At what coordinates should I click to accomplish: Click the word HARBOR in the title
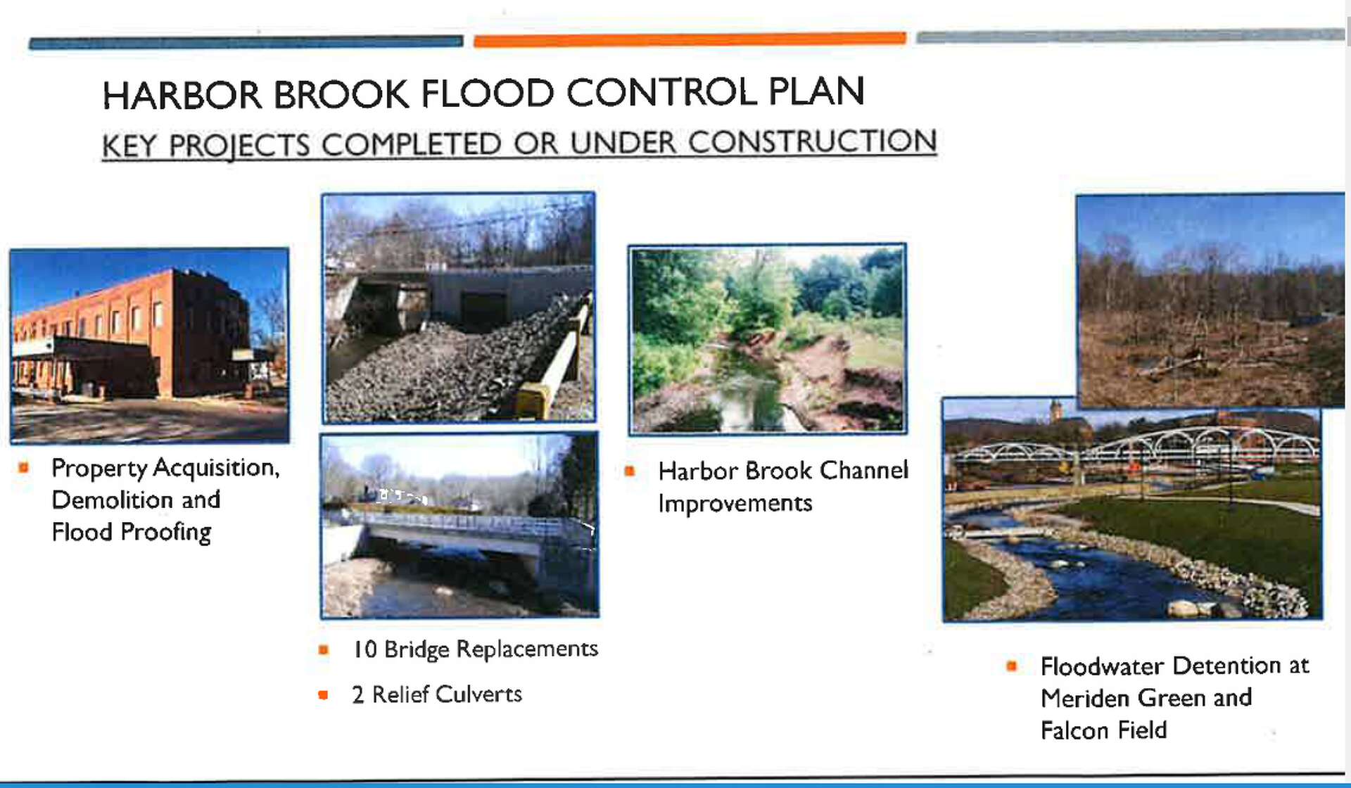pos(182,95)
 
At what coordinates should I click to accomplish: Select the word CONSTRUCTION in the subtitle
pos(812,141)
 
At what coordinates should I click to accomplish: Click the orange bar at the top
pos(690,39)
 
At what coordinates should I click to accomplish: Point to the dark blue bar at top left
pos(246,42)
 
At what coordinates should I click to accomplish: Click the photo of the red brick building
pos(149,345)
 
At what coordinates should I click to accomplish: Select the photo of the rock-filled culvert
pos(459,308)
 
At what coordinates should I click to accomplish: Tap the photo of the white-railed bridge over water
pos(459,526)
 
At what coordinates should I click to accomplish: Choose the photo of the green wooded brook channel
pos(767,339)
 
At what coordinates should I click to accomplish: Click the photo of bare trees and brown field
pos(1210,301)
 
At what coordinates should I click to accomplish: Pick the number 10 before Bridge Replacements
pos(364,649)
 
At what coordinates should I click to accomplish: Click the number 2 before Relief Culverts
pos(357,695)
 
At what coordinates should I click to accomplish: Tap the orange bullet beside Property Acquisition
pos(24,467)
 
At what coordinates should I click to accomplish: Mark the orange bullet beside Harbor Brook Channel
pos(630,471)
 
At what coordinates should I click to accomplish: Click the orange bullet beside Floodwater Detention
pos(1012,666)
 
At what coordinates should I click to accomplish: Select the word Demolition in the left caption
pos(113,500)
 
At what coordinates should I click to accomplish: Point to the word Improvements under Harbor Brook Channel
pos(735,504)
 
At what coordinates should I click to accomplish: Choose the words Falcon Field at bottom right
pos(1104,730)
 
